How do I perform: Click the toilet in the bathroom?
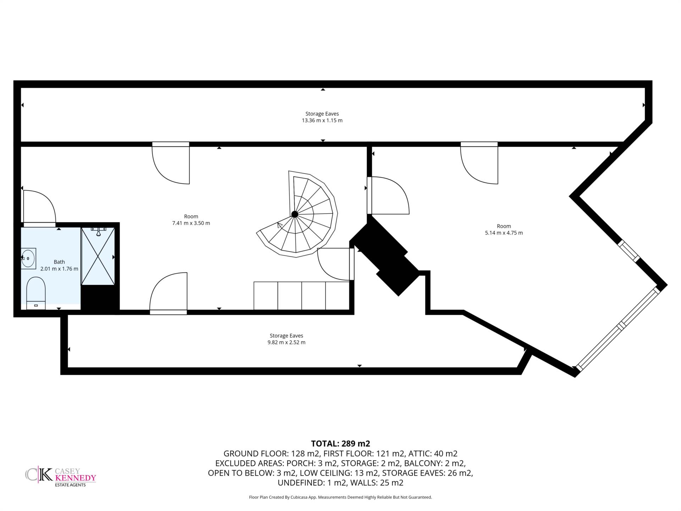36,293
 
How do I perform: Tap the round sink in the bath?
28,258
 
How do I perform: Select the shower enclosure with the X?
98,256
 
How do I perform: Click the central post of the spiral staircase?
294,214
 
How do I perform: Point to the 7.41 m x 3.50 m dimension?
191,223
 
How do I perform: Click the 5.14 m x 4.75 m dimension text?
504,233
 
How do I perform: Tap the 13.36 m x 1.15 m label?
322,120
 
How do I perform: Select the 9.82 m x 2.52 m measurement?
286,342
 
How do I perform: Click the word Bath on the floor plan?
59,262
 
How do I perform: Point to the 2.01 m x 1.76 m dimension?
59,269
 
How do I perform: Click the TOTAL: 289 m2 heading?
340,444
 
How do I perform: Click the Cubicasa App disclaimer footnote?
340,497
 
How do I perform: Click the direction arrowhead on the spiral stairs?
280,225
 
